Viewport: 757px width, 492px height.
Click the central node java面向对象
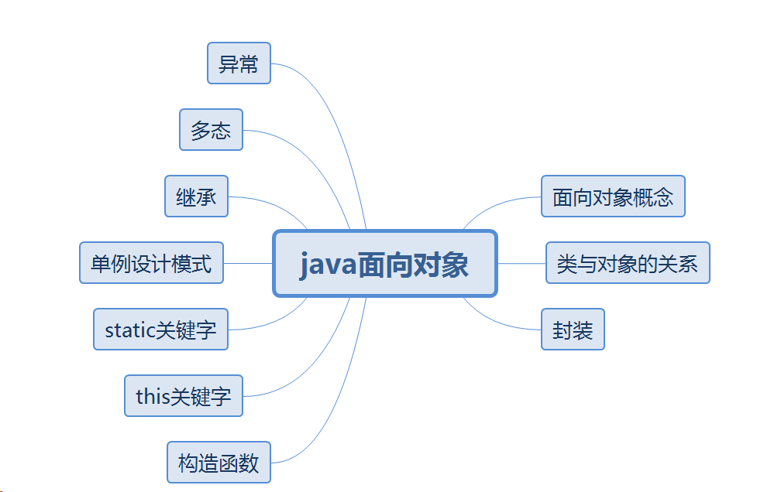pos(384,264)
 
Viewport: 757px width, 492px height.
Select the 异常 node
pos(239,63)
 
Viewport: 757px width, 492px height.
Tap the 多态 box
pos(211,130)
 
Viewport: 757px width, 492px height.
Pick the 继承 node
pos(196,196)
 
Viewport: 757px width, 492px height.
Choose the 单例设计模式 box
pos(151,263)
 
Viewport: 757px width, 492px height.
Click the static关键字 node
pos(160,330)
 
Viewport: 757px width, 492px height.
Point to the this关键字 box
pos(184,396)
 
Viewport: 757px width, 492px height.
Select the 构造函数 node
pos(218,463)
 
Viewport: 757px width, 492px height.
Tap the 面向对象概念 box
pos(613,196)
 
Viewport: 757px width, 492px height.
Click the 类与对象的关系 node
pos(628,263)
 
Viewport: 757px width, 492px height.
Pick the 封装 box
pos(573,330)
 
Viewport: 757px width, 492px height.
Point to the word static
pos(130,330)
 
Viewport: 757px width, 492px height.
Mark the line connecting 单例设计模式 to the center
pos(248,263)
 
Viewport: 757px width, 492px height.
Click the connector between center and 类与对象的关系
pos(521,263)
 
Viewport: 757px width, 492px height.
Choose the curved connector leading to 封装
pos(496,323)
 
